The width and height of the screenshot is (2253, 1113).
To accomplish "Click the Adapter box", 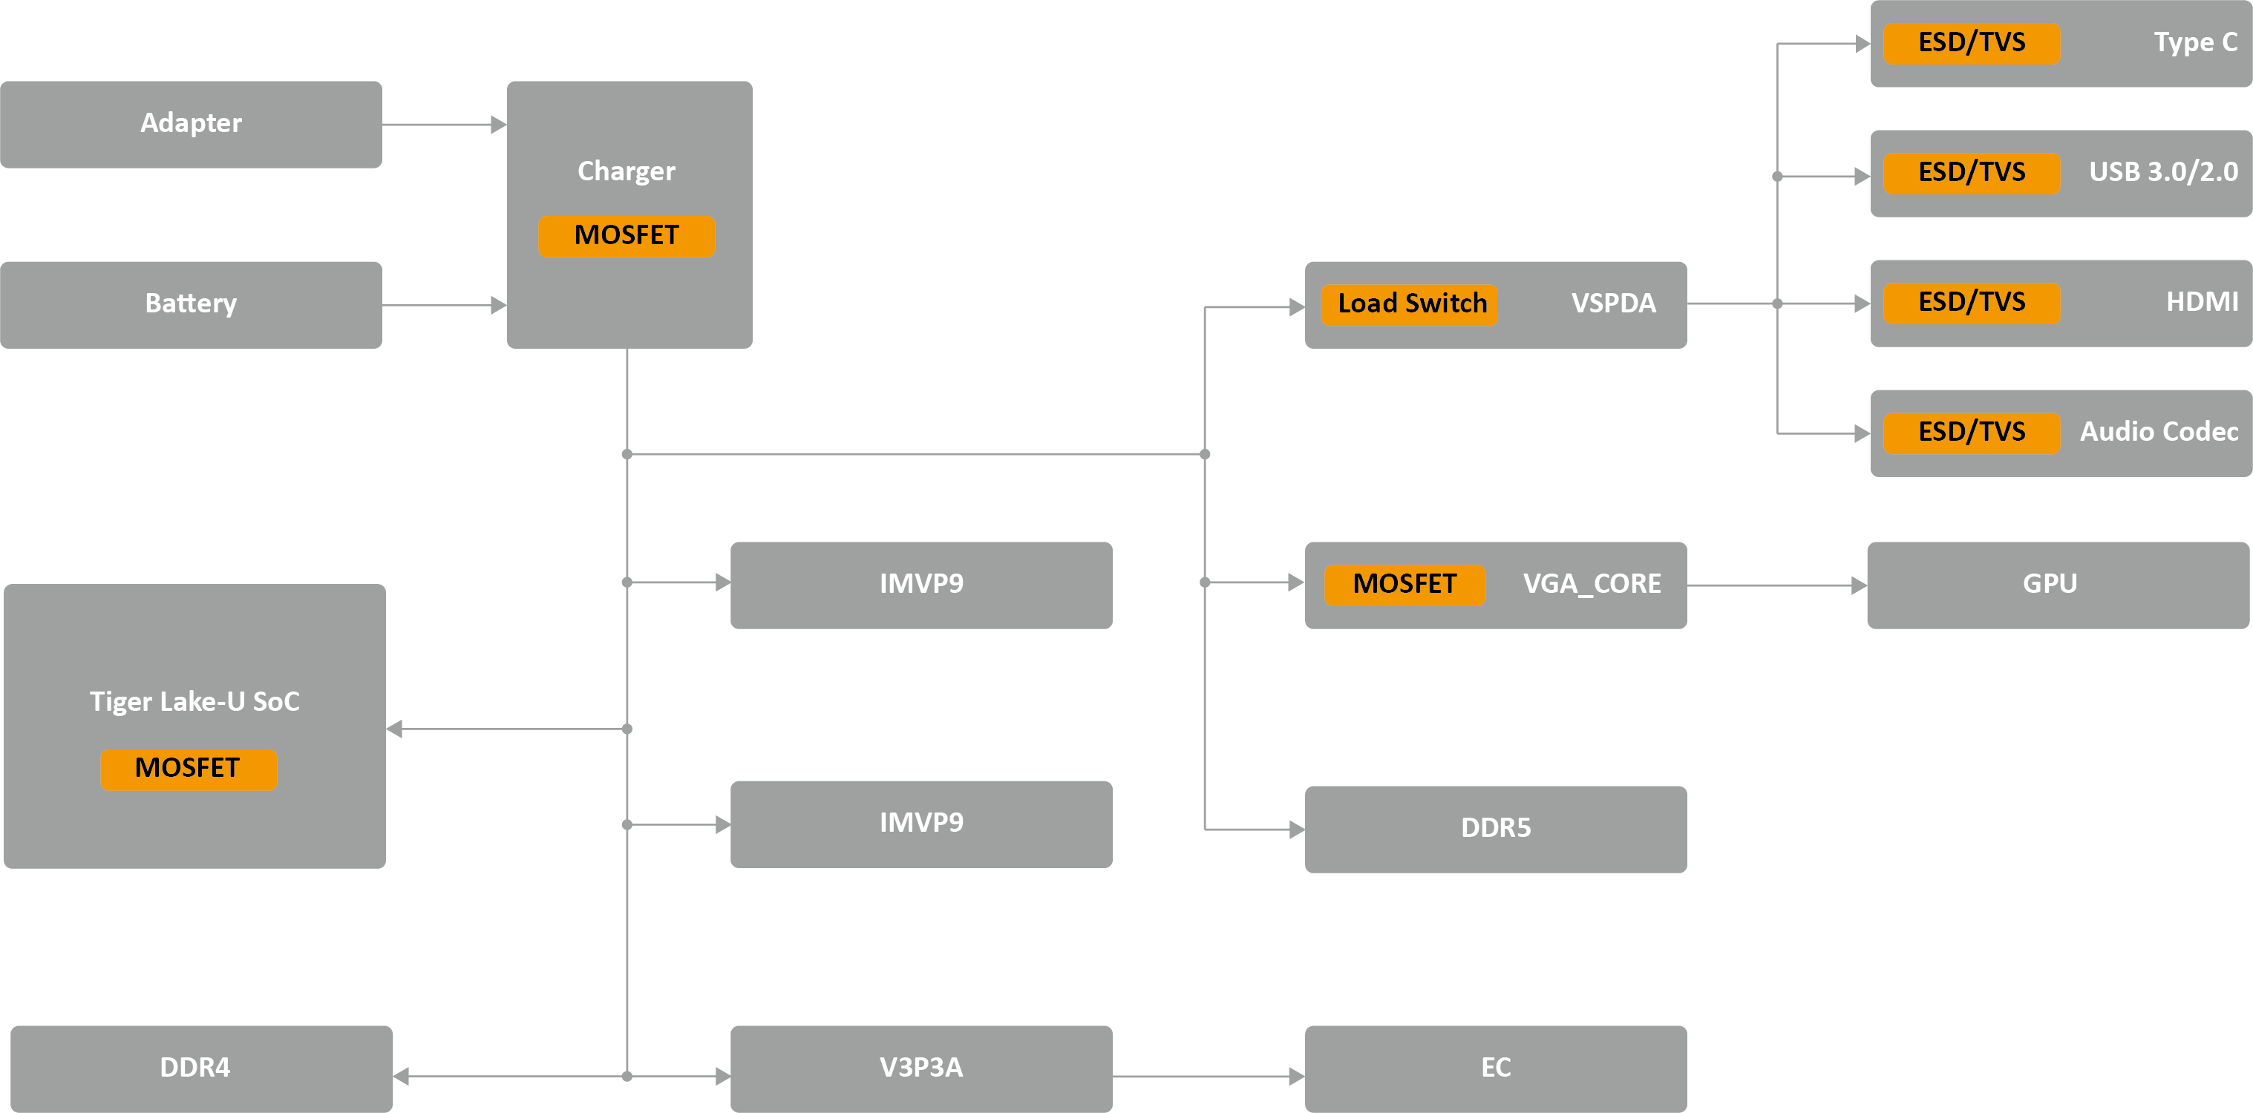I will point(191,124).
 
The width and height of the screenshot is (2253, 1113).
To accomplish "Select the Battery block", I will point(191,304).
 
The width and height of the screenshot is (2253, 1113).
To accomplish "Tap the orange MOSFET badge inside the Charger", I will point(627,236).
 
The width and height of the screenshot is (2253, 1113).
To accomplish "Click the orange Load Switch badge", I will point(1410,304).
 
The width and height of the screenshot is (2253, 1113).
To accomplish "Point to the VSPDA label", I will point(1613,303).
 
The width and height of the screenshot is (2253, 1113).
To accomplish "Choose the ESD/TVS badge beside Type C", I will point(1972,43).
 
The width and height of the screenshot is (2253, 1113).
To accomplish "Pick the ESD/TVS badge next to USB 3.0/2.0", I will point(1972,172).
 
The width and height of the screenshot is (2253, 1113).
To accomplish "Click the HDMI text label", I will point(2201,303).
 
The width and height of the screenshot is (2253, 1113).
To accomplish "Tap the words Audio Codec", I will point(2159,432).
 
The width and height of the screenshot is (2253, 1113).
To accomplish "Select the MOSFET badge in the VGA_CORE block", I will point(1405,584).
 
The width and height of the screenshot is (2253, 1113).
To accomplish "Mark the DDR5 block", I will point(1496,828).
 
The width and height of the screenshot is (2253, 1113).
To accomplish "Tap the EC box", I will point(1496,1068).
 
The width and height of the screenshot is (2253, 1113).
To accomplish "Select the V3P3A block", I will point(921,1068).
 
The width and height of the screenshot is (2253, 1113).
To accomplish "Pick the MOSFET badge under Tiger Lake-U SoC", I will point(188,769).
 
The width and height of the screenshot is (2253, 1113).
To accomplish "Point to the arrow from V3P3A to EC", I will point(1208,1077).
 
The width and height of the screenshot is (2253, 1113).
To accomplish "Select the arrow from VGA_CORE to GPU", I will point(1776,585).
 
